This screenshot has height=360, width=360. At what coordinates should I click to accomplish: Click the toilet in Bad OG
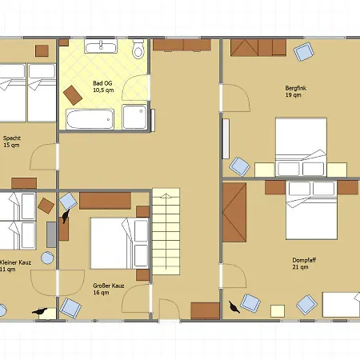pyautogui.click(x=138, y=49)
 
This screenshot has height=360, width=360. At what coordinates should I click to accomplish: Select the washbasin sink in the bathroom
pyautogui.click(x=101, y=46)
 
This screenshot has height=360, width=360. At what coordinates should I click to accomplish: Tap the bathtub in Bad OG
pyautogui.click(x=90, y=119)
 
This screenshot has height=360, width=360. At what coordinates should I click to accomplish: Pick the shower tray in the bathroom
pyautogui.click(x=134, y=117)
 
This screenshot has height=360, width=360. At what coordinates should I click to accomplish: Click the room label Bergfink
pyautogui.click(x=296, y=88)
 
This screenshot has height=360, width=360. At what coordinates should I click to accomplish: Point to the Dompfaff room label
pyautogui.click(x=304, y=260)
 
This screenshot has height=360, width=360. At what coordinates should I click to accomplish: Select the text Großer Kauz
pyautogui.click(x=109, y=286)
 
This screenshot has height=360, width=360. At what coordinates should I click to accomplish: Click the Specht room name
pyautogui.click(x=12, y=138)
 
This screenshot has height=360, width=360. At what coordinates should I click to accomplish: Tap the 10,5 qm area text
pyautogui.click(x=103, y=90)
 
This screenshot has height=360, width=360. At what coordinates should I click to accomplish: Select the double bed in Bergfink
pyautogui.click(x=301, y=146)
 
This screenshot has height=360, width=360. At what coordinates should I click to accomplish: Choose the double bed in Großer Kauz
pyautogui.click(x=119, y=243)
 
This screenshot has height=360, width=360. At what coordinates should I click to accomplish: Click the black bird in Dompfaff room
pyautogui.click(x=234, y=306)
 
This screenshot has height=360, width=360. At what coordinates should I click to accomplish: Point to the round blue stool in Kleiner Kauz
pyautogui.click(x=47, y=258)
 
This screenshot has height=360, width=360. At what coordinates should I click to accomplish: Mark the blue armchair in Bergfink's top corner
pyautogui.click(x=304, y=52)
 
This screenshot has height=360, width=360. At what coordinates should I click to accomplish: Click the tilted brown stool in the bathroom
pyautogui.click(x=73, y=95)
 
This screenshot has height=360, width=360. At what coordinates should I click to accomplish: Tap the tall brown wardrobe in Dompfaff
pyautogui.click(x=234, y=212)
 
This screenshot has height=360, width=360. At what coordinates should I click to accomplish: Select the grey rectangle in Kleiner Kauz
pyautogui.click(x=51, y=234)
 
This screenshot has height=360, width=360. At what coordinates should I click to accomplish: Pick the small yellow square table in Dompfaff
pyautogui.click(x=278, y=311)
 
